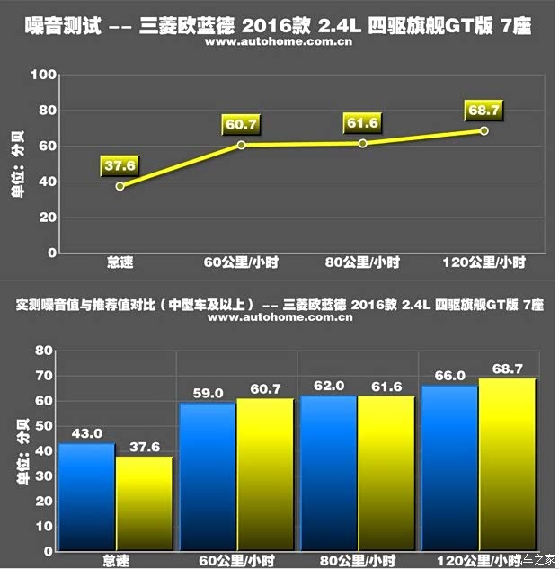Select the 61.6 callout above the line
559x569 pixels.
pos(363,122)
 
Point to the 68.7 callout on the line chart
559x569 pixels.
pos(484,110)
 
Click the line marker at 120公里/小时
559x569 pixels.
pos(484,131)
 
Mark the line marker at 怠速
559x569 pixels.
pos(120,186)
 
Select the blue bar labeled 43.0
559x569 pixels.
pos(87,494)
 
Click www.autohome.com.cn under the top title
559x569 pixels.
pos(278,41)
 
